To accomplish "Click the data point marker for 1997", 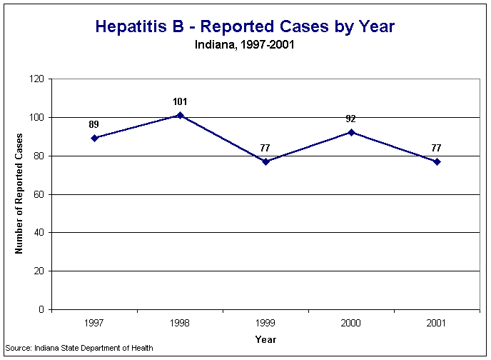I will (94, 138).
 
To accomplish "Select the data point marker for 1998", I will (180, 115).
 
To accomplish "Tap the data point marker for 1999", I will (265, 161).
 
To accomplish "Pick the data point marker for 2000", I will (351, 132).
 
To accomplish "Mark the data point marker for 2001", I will (437, 161).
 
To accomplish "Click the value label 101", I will (180, 101).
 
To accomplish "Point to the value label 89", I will (94, 124).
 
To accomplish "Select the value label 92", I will (351, 119).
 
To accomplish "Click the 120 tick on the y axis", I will (38, 79).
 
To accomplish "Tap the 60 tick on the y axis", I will (40, 194).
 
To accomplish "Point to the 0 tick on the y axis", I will (42, 310).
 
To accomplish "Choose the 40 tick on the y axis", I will (40, 233).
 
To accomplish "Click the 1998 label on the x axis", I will (180, 324).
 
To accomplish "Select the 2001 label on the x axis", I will (437, 324).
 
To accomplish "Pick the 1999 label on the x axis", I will (265, 324).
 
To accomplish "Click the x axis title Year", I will (265, 339).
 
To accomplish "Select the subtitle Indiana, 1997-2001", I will (245, 44).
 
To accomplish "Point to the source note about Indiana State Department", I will (79, 349).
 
